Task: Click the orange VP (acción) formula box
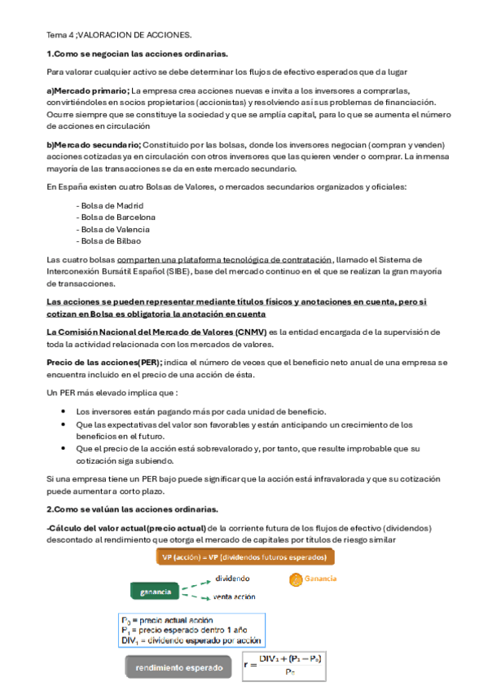click(245, 557)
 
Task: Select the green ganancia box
click(156, 591)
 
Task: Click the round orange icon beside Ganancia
click(295, 579)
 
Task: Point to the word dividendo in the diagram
click(233, 579)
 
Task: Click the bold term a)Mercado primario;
click(88, 90)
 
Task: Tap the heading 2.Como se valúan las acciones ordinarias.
click(132, 509)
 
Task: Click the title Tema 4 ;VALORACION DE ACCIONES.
click(119, 36)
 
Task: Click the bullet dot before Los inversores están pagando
click(63, 412)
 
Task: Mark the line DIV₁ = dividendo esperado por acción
click(182, 641)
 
